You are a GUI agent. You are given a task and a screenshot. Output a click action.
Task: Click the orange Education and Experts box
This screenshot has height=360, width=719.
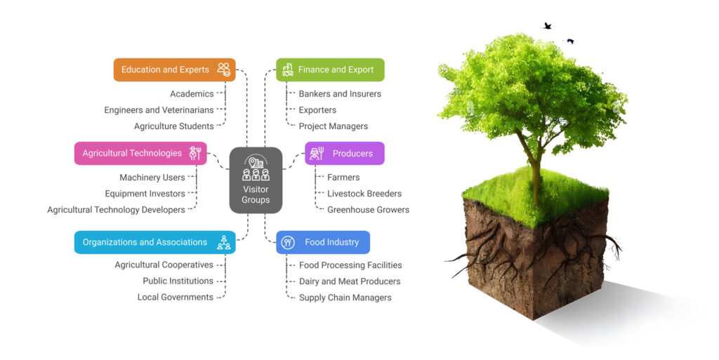(x=174, y=69)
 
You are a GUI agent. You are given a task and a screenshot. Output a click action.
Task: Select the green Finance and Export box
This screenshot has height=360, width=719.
(x=330, y=69)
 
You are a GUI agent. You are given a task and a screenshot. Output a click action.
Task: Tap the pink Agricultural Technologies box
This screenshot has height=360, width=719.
(x=140, y=153)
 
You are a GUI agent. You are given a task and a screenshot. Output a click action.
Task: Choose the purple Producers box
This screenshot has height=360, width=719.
(x=345, y=153)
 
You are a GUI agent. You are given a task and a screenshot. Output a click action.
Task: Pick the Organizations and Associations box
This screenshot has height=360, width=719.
(x=154, y=242)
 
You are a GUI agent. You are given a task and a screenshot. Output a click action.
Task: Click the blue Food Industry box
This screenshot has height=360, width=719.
(x=323, y=242)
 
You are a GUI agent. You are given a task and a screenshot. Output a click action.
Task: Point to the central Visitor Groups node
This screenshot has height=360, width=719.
(x=256, y=180)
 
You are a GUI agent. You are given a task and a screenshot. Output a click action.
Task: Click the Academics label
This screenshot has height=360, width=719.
(x=192, y=94)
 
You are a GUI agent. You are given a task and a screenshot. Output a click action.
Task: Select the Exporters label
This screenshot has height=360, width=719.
(x=317, y=110)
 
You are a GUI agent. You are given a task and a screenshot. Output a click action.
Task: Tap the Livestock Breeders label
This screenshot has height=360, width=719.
(x=364, y=194)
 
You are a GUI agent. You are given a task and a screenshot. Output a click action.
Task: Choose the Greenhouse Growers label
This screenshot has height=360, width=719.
(x=368, y=210)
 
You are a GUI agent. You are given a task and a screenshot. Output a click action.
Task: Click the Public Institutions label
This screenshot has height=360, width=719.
(x=178, y=281)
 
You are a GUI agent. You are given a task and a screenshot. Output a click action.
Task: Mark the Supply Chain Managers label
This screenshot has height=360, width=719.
(x=345, y=298)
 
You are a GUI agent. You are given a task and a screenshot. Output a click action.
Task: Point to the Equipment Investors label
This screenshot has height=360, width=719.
(x=145, y=194)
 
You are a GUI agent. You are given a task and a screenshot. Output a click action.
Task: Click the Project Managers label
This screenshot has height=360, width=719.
(x=333, y=126)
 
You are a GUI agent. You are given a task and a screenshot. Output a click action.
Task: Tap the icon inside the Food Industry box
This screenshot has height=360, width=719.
(x=288, y=242)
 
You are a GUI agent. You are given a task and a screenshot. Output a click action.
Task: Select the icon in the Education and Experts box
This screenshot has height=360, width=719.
(x=223, y=69)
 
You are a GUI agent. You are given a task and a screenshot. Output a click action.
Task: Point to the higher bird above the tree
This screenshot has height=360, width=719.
(x=547, y=26)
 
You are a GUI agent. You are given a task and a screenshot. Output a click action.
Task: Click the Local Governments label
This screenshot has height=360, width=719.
(x=175, y=298)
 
